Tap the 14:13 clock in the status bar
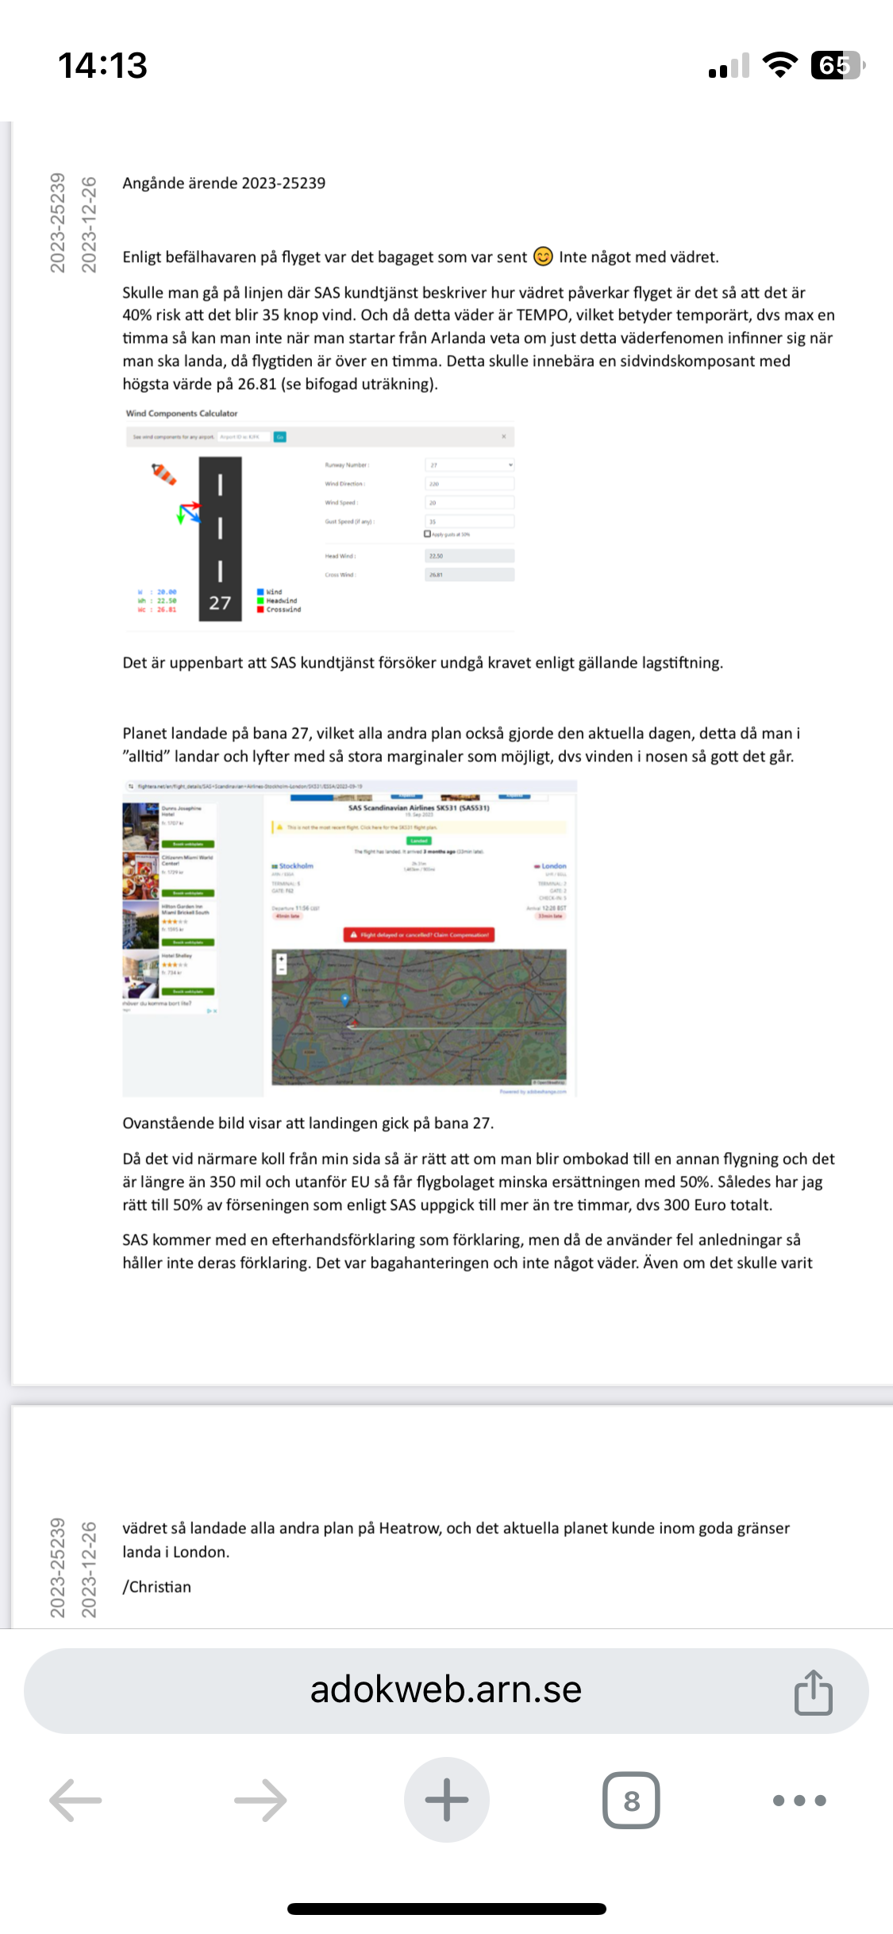102,65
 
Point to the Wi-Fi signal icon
779,65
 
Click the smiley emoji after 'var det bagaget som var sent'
543,256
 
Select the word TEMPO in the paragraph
543,315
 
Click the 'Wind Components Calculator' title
182,414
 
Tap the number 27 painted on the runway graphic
220,603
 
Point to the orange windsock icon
164,474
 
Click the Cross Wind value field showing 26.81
469,575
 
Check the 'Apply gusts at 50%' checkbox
428,534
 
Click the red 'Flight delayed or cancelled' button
419,935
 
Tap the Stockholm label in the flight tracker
295,866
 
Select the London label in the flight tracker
552,866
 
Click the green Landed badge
419,841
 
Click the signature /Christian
157,1587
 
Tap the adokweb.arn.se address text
445,1690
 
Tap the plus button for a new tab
446,1801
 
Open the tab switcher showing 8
631,1801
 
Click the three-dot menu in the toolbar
799,1801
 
